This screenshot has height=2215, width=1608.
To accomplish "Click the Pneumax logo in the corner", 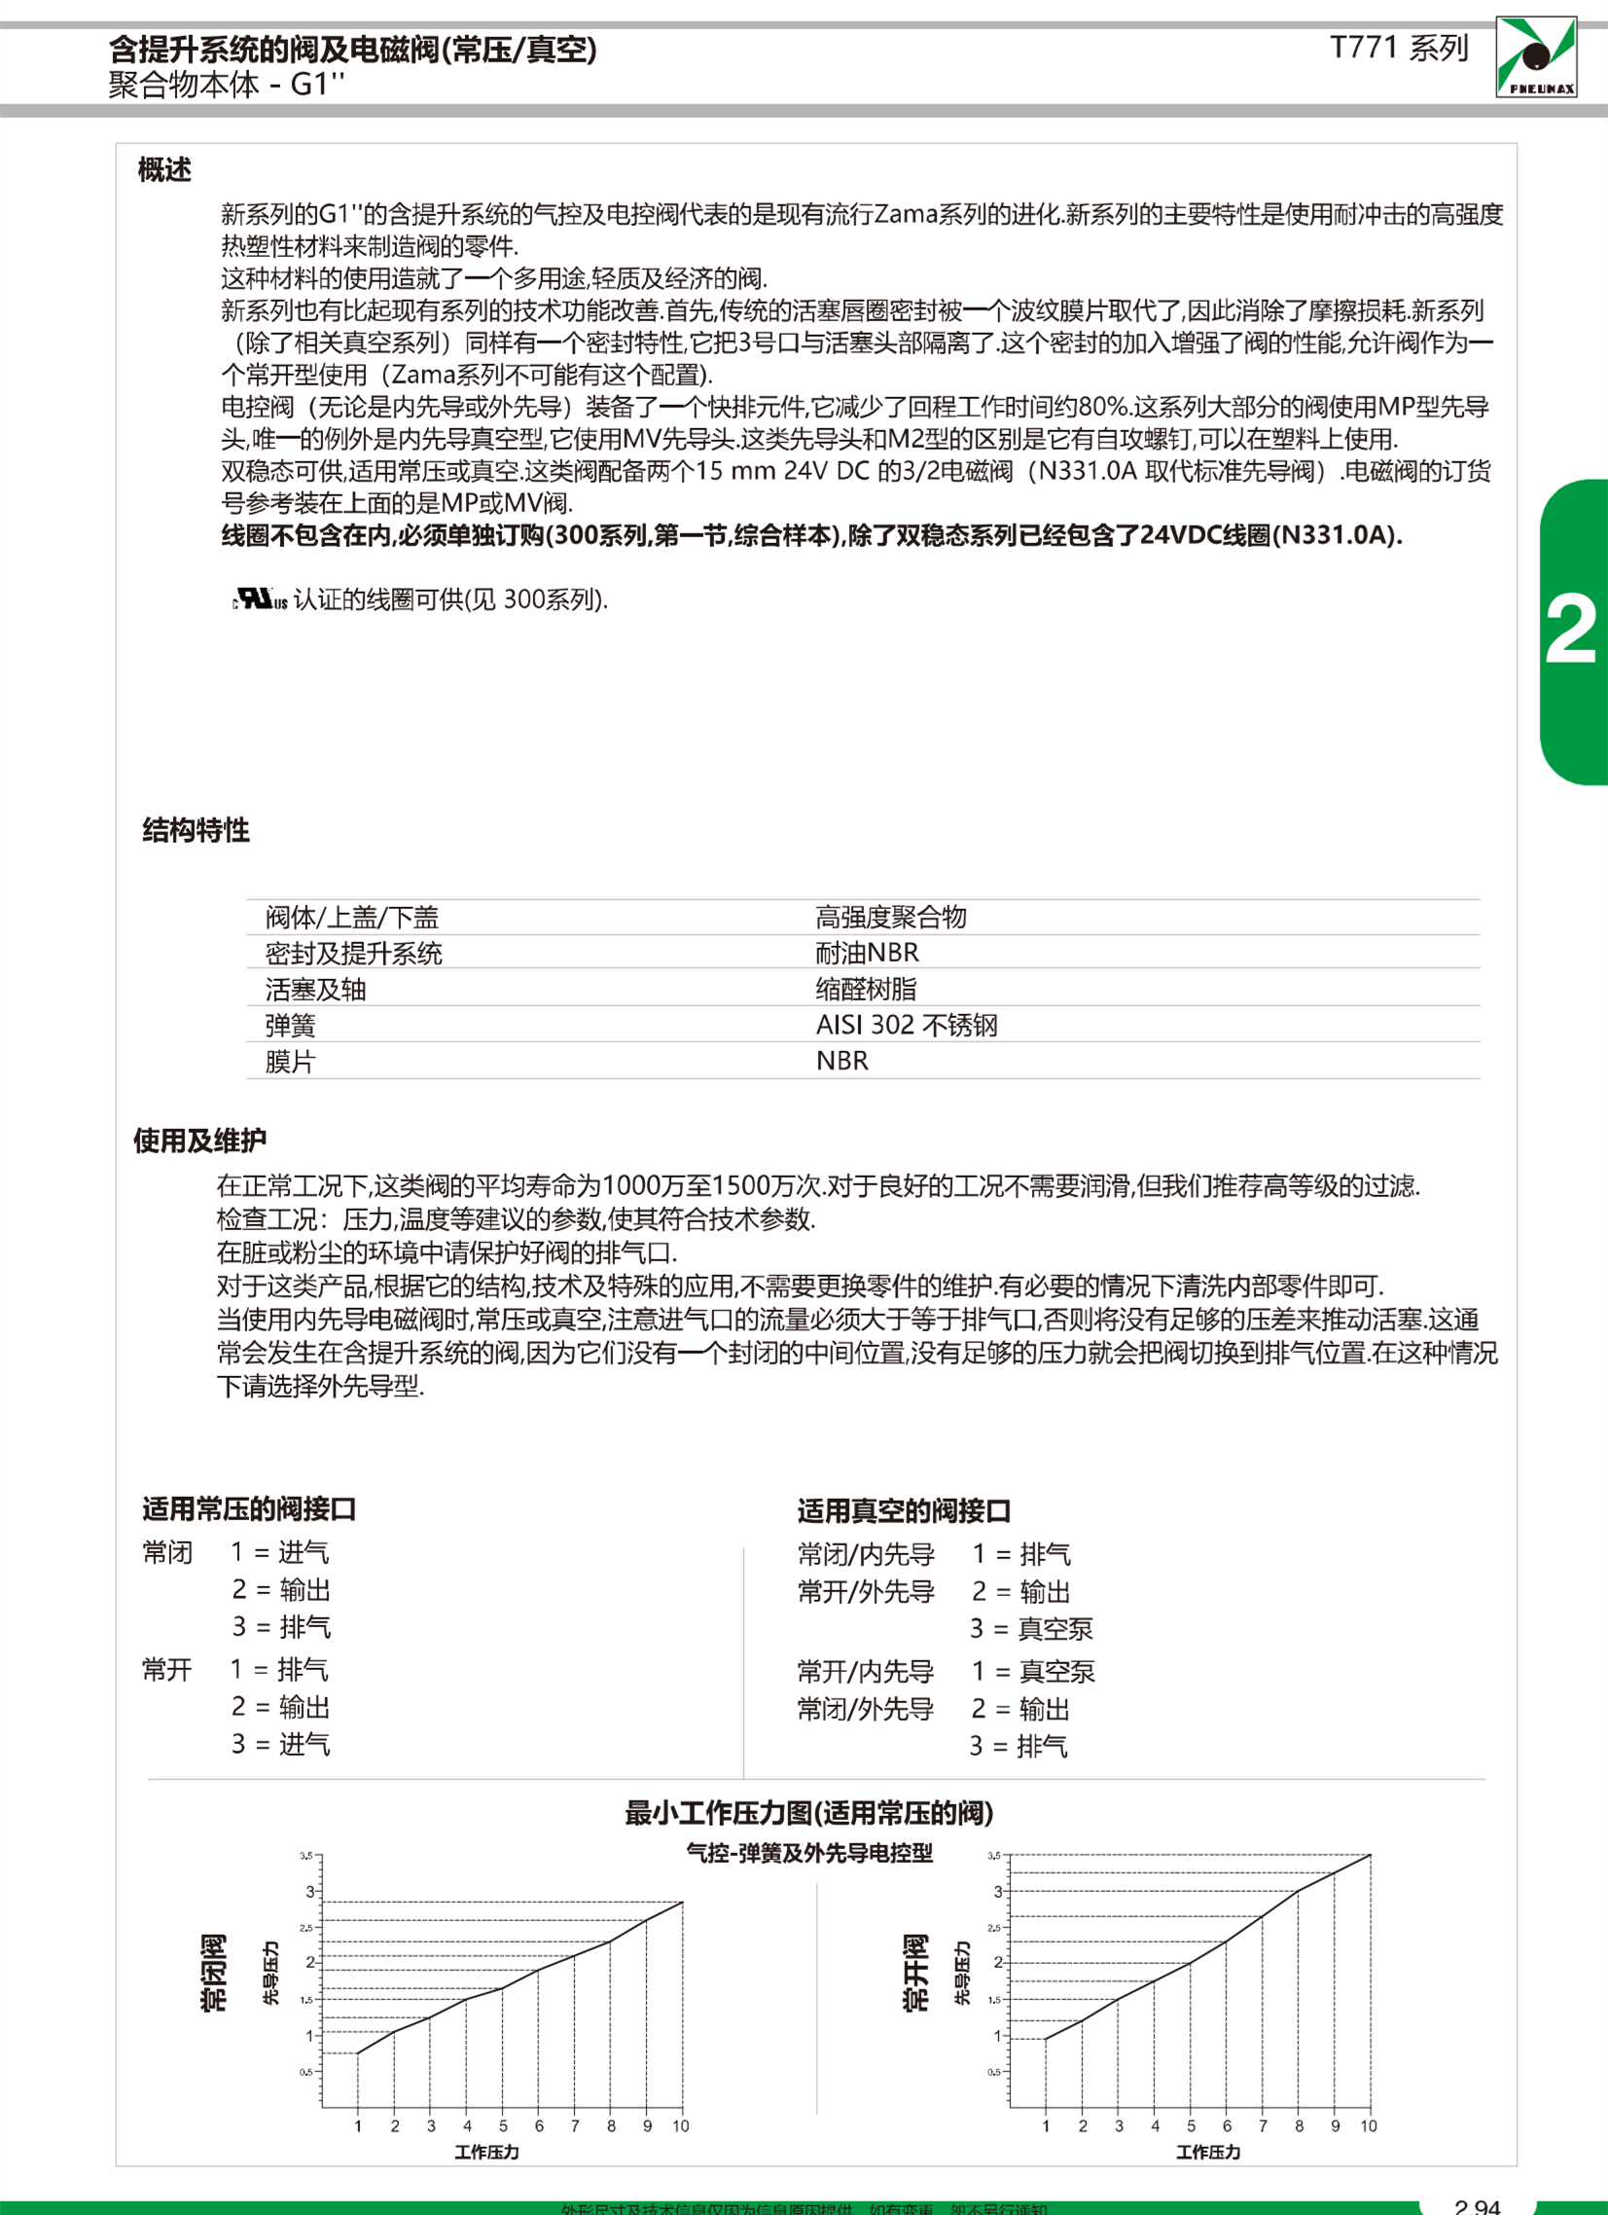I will click(x=1536, y=56).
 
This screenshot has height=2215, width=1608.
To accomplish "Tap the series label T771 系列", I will click(x=1399, y=48).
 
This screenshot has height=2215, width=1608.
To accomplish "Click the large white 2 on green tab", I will click(x=1570, y=630).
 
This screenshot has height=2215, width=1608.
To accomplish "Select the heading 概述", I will click(x=164, y=170).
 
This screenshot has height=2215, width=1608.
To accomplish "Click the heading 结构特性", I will click(x=196, y=830).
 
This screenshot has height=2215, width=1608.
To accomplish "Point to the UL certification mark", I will click(x=260, y=599).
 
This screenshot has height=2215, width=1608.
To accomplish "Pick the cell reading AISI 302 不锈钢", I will click(x=906, y=1025).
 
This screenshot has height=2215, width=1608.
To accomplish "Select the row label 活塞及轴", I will click(x=315, y=990).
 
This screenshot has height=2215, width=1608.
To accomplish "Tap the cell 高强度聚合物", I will click(x=890, y=917).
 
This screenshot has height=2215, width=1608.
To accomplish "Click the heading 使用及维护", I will click(x=199, y=1140).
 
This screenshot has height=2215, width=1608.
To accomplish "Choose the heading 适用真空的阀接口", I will click(x=903, y=1510).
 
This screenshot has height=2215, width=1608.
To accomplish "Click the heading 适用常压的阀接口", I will click(x=249, y=1508).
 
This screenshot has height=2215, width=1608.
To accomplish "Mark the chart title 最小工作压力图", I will click(x=808, y=1814).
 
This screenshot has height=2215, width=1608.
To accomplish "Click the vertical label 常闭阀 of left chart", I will click(x=213, y=1973).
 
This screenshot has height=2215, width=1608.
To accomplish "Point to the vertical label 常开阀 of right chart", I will click(x=914, y=1973).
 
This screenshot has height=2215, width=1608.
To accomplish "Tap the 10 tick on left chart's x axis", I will click(x=681, y=2126).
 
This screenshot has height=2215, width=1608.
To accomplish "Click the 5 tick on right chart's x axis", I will click(x=1190, y=2126).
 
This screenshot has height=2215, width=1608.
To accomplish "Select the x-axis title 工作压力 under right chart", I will click(x=1208, y=2152).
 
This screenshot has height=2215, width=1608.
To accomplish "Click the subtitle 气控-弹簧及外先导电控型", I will click(x=809, y=1853).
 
